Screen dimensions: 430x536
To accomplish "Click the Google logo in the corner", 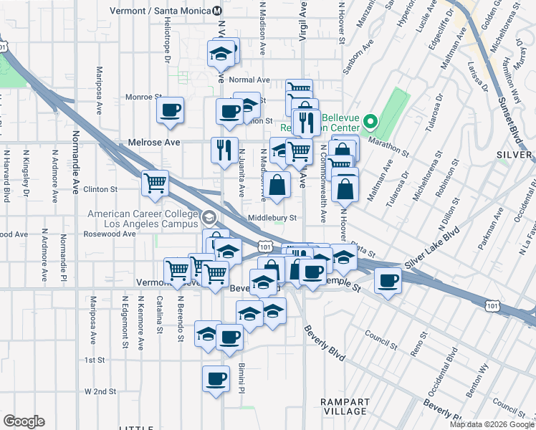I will coord(24,421).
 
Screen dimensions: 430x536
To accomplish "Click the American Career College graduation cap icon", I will coord(209,216).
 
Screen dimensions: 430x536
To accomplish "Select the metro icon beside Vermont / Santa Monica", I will coord(218,11).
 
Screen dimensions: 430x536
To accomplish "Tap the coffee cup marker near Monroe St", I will coord(170,110).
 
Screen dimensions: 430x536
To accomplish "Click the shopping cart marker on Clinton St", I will coord(155,183).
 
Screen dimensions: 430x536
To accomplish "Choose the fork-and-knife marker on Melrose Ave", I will coord(224,150).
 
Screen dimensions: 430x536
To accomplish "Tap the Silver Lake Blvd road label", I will coord(431,250).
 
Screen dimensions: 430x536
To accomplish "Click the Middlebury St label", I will coord(272,218).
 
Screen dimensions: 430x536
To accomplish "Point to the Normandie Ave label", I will coord(75,172).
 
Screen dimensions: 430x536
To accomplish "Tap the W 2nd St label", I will coord(100,391).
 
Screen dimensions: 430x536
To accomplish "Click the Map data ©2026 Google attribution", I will coord(492,424).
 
